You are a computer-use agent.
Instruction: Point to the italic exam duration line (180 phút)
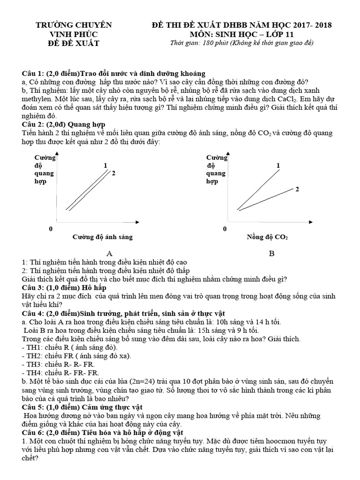pyautogui.click(x=241, y=43)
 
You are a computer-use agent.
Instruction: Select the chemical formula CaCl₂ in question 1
pyautogui.click(x=277, y=98)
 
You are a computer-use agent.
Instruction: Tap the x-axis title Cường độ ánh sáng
pyautogui.click(x=103, y=237)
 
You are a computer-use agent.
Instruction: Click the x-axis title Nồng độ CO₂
pyautogui.click(x=267, y=237)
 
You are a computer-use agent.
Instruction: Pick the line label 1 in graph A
pyautogui.click(x=105, y=165)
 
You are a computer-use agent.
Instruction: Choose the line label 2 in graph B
pyautogui.click(x=297, y=189)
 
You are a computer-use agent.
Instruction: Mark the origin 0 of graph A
pyautogui.click(x=51, y=228)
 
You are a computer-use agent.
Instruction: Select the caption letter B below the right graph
pyautogui.click(x=271, y=254)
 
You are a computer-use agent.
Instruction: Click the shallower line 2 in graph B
pyautogui.click(x=267, y=199)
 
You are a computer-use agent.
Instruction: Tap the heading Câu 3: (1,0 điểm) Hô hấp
pyautogui.click(x=64, y=287)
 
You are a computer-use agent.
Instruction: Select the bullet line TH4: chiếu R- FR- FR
pyautogui.click(x=60, y=373)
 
